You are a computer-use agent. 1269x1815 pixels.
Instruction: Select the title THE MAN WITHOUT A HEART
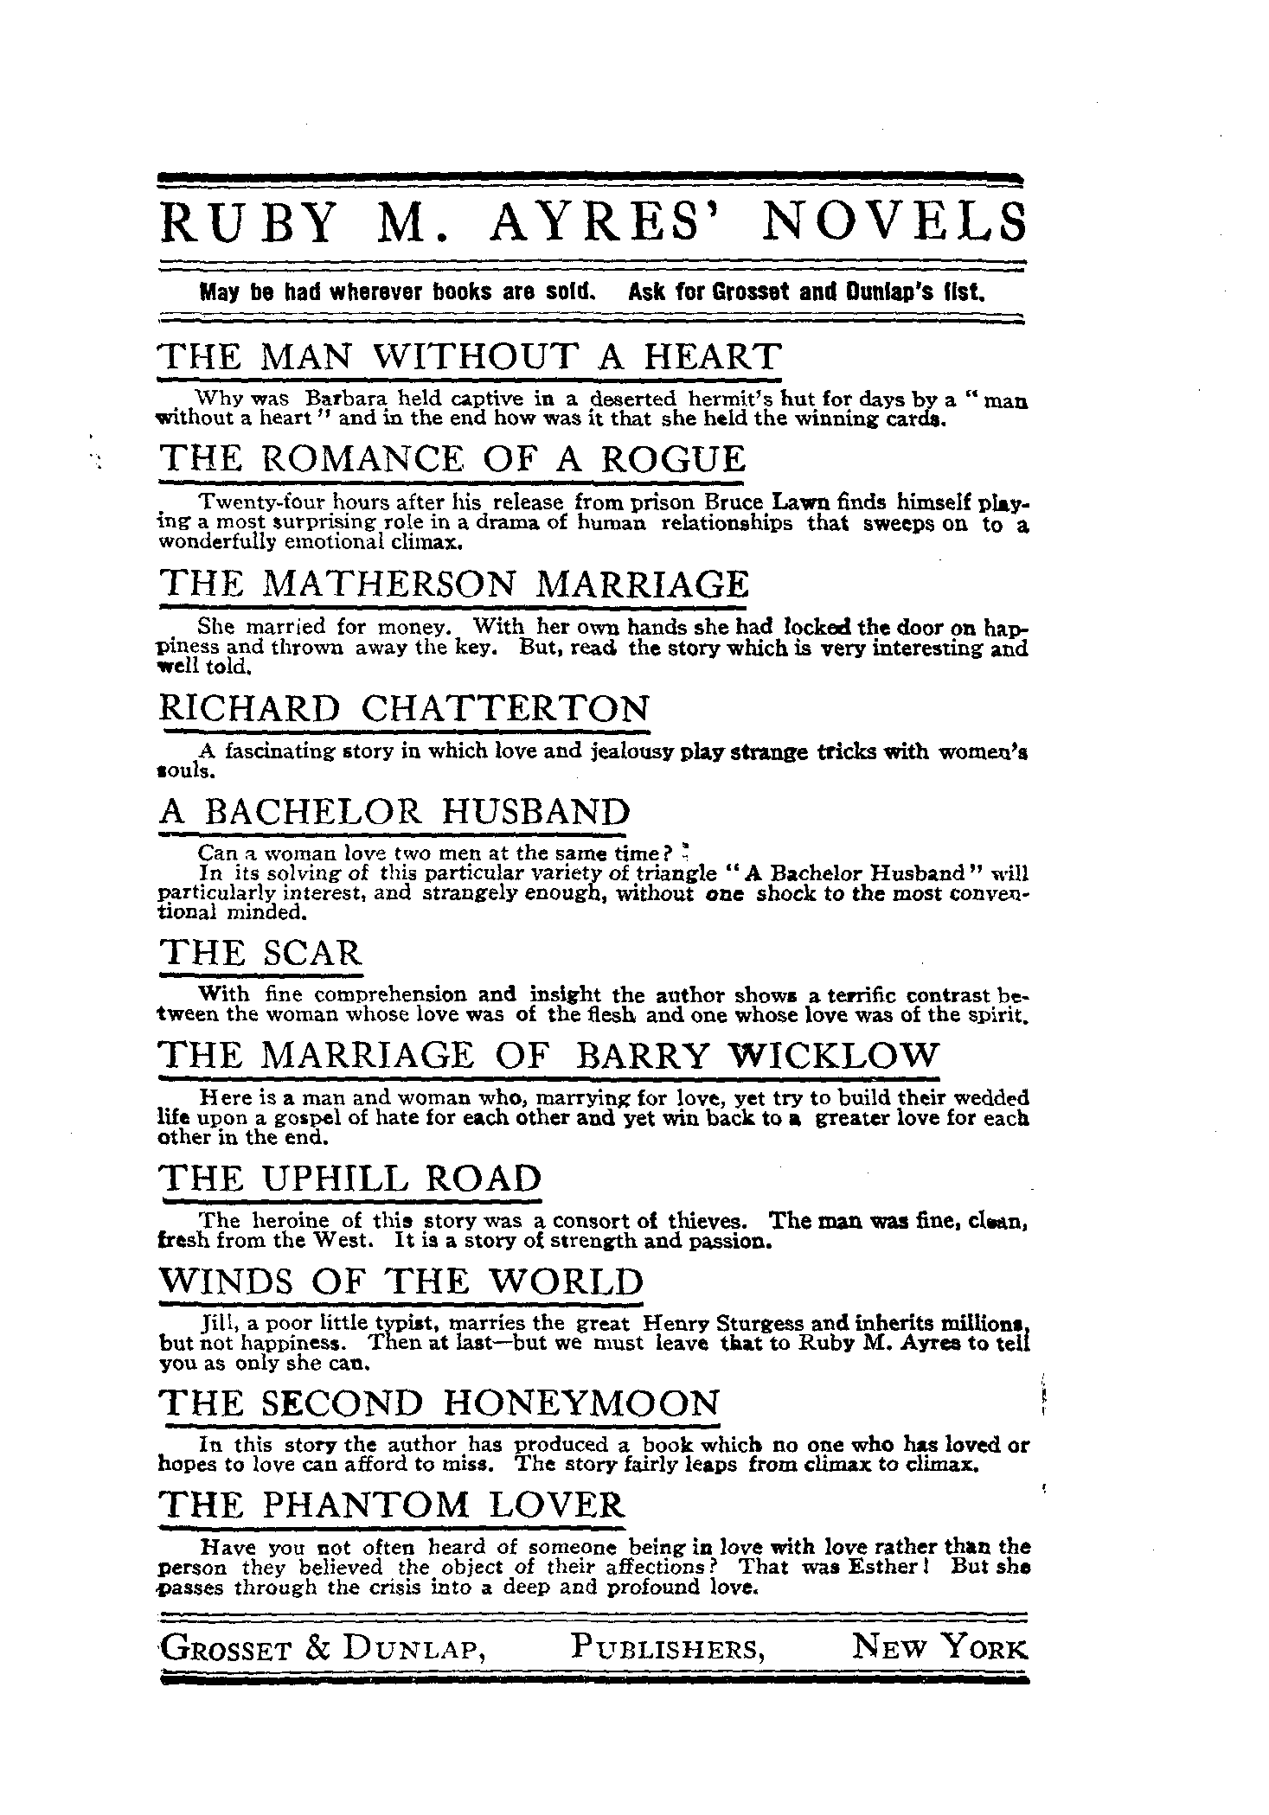pyautogui.click(x=471, y=357)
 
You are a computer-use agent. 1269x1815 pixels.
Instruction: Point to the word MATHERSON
pyautogui.click(x=388, y=585)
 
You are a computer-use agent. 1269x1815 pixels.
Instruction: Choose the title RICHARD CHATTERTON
pyautogui.click(x=405, y=709)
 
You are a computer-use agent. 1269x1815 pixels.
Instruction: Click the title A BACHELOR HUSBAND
pyautogui.click(x=395, y=812)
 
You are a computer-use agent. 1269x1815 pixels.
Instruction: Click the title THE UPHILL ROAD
pyautogui.click(x=351, y=1178)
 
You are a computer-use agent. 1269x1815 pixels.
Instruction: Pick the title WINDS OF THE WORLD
pyautogui.click(x=402, y=1281)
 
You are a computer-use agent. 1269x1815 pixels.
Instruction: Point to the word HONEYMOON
pyautogui.click(x=580, y=1403)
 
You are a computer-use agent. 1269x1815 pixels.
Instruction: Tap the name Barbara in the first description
pyautogui.click(x=340, y=399)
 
